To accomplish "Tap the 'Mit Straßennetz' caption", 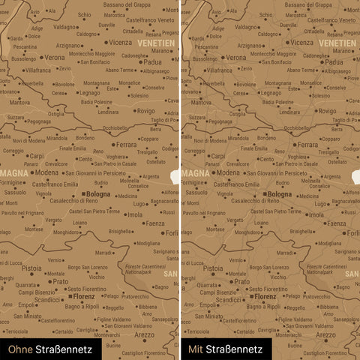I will (x=225, y=349).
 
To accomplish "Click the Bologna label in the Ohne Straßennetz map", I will (x=97, y=194).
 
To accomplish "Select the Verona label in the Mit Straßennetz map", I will (x=236, y=57).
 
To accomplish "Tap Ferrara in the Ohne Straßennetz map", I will (x=127, y=144).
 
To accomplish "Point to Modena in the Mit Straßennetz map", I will (x=230, y=172).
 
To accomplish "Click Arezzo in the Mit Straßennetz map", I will (x=325, y=334).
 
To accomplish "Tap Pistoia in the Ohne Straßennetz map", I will (x=32, y=268).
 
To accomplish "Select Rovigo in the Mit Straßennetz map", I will (x=327, y=111).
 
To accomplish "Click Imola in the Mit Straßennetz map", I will (x=316, y=214).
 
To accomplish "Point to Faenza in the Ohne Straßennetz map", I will (x=154, y=223).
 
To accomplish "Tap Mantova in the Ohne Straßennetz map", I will (x=19, y=102).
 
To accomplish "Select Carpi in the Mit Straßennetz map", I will (x=218, y=156).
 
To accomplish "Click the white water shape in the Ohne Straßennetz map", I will (x=175, y=178).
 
